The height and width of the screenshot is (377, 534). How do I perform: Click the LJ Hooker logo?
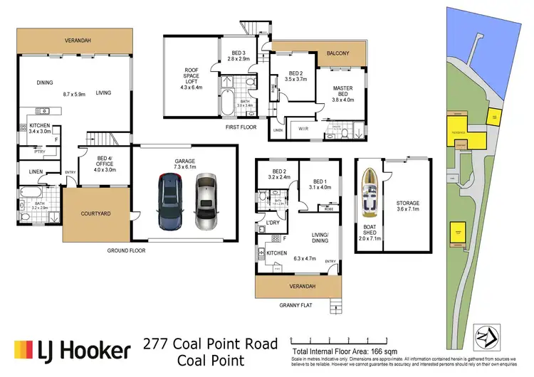[72, 349]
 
